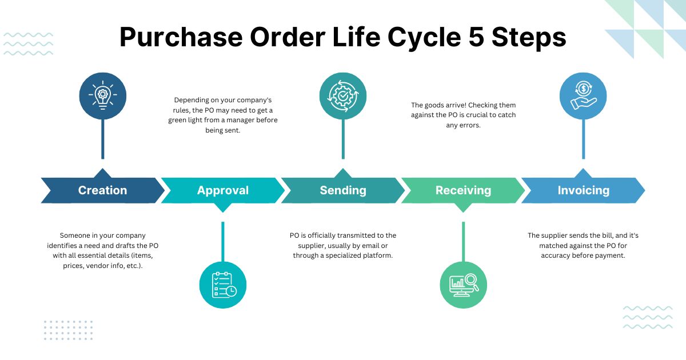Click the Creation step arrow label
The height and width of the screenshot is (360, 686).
102,190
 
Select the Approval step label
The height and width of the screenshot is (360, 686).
222,190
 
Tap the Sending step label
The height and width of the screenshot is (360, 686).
342,190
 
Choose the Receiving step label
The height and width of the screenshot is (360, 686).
463,190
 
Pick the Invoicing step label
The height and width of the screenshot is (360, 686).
583,190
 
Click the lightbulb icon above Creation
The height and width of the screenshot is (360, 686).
102,95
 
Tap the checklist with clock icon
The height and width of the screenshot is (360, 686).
223,284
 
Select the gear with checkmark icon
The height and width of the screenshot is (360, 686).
342,95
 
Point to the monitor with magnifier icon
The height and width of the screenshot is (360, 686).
463,284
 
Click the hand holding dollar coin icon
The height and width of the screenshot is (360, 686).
583,95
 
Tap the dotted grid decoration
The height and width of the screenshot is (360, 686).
68,330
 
